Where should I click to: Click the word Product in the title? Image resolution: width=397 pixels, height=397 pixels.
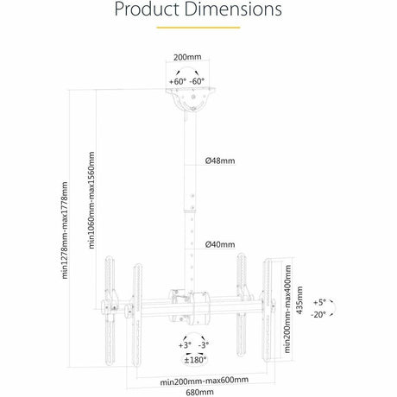point(151,11)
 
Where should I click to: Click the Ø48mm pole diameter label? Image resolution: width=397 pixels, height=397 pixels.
point(220,161)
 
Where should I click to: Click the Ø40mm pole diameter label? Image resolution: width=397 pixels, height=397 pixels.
point(220,244)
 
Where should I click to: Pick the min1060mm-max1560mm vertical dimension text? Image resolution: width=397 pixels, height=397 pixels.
point(91,199)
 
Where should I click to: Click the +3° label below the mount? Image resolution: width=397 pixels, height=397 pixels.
point(183,344)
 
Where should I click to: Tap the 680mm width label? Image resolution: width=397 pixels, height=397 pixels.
point(198,391)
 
